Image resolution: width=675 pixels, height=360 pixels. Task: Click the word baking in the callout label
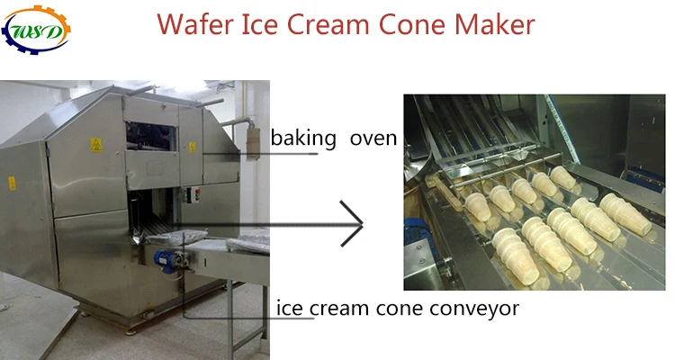[301, 139]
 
